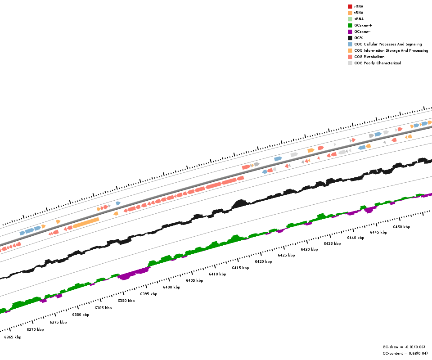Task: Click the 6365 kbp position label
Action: point(13,337)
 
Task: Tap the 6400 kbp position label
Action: point(171,287)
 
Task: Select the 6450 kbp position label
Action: point(401,227)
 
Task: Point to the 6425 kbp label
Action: point(286,255)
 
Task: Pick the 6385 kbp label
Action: point(103,308)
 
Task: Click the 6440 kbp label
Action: point(355,238)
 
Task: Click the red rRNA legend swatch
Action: point(350,6)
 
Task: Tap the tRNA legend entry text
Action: point(359,13)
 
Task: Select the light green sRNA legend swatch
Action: point(350,19)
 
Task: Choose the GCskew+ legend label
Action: point(363,25)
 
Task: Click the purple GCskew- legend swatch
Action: point(350,31)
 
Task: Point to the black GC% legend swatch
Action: point(350,38)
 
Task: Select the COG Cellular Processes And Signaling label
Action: point(388,44)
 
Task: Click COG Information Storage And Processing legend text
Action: point(391,50)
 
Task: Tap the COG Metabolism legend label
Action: point(369,57)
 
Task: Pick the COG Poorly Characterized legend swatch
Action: point(350,63)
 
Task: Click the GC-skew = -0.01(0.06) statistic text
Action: point(404,347)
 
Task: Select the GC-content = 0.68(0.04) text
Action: point(405,353)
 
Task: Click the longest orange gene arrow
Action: point(86,223)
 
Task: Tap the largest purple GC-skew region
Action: point(134,274)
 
